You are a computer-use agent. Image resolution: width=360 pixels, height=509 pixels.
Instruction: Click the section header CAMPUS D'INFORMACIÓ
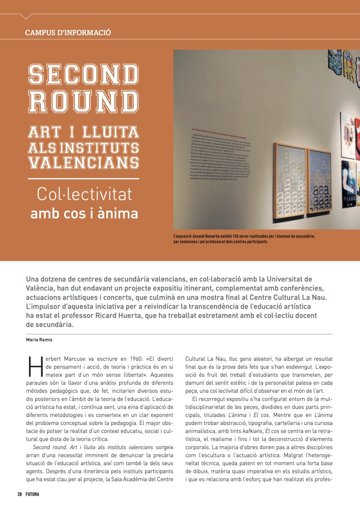point(68,32)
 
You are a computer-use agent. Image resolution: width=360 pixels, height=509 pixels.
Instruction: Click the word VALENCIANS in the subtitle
point(84,162)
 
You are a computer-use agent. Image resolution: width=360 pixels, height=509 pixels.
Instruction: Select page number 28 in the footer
point(20,494)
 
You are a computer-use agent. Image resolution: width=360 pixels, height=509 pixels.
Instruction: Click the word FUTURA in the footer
point(32,494)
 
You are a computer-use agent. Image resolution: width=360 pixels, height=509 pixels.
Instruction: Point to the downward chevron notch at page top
point(26,16)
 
